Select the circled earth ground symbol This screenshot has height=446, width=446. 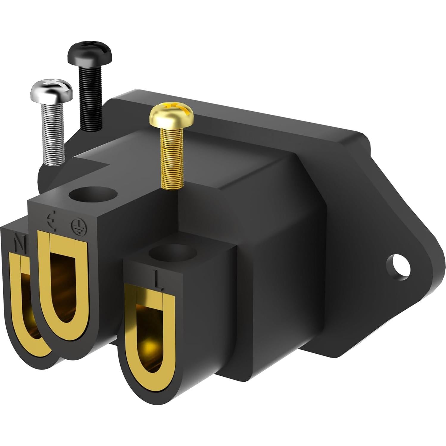75,225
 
